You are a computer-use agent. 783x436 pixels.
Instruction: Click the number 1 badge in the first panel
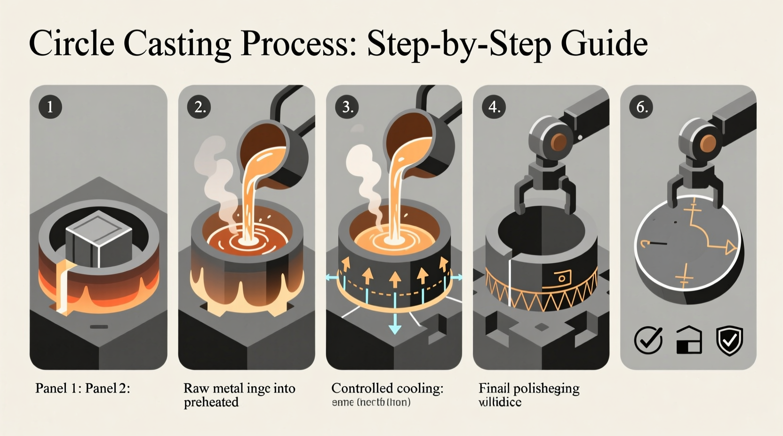(50, 107)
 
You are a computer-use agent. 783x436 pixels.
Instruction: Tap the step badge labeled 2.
(199, 107)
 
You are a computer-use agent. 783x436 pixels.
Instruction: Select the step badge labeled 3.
(347, 107)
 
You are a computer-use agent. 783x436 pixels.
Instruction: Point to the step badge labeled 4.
(494, 107)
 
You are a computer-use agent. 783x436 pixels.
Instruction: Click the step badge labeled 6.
(641, 107)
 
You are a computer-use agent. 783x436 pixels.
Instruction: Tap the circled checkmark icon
(648, 340)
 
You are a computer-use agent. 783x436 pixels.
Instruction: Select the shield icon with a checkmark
(729, 340)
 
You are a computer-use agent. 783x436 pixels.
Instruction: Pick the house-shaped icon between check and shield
(689, 340)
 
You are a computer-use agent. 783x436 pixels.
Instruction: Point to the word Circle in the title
(72, 44)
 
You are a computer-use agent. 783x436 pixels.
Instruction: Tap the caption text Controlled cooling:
(387, 388)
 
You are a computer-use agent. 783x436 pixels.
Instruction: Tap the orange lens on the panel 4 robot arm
(559, 141)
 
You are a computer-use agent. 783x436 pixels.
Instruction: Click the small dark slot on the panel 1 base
(99, 327)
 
